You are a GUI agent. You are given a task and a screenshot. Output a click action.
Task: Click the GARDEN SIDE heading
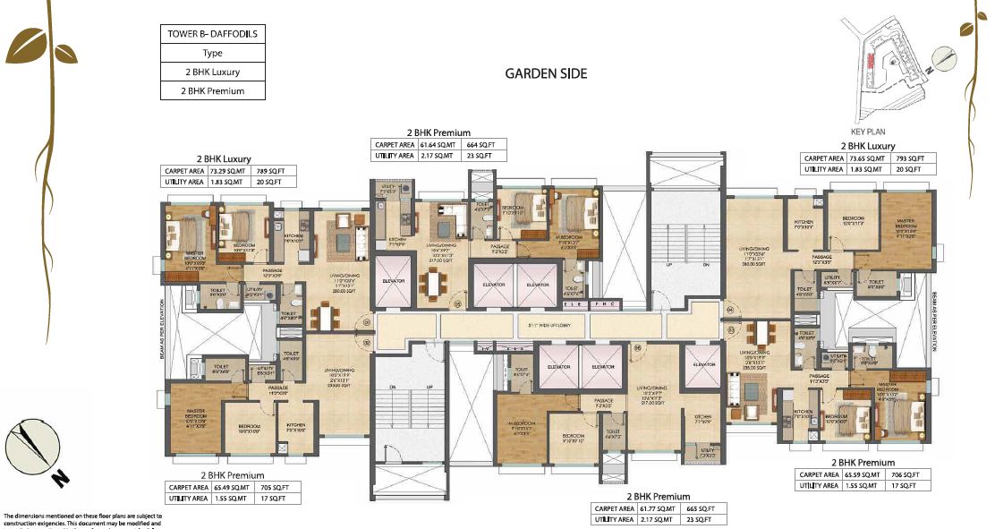click(546, 73)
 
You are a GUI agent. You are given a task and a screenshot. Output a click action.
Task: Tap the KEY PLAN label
click(869, 130)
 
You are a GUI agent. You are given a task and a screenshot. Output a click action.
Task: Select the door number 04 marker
click(729, 312)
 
